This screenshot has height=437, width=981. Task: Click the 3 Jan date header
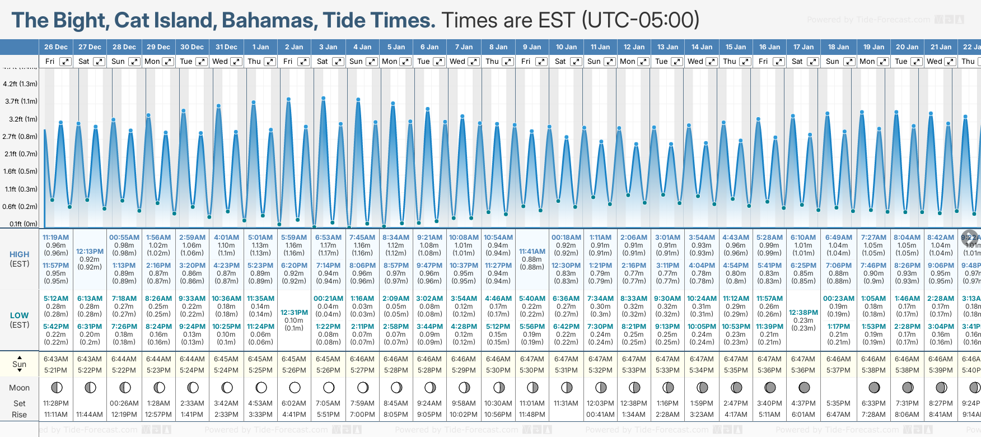point(328,47)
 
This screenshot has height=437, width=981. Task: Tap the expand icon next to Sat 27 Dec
point(99,62)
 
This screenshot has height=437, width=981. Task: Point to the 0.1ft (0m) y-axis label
point(21,224)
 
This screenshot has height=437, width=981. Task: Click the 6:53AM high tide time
point(328,238)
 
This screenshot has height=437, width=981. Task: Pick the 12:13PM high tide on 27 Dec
point(90,252)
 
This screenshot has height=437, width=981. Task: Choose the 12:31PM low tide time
point(294,313)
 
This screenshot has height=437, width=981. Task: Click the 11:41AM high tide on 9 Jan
point(532,252)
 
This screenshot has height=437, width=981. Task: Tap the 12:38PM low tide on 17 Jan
point(804,313)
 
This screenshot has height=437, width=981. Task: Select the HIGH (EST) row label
point(20,259)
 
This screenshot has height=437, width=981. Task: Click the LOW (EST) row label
point(20,320)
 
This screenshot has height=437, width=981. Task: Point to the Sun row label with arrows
point(20,364)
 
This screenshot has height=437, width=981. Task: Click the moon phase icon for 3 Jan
point(329,388)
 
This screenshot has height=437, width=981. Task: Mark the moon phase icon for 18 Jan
point(838,388)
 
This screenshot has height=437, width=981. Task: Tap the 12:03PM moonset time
point(600,403)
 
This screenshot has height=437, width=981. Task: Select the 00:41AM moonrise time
point(600,415)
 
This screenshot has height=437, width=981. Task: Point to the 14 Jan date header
point(702,47)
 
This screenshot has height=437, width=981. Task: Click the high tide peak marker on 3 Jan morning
point(324,98)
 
